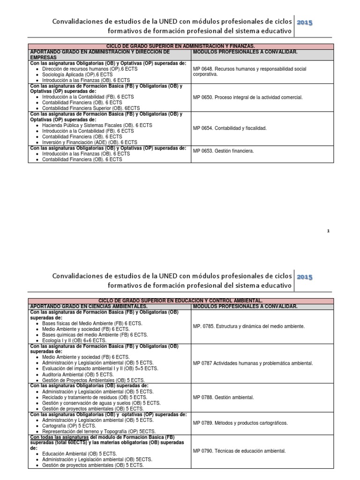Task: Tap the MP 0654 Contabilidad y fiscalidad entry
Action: point(230,128)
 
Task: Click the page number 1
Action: point(329,231)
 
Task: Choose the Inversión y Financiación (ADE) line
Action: point(90,142)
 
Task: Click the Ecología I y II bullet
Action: point(74,340)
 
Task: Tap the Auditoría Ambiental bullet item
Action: point(77,374)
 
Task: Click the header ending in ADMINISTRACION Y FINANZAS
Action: point(180,46)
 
